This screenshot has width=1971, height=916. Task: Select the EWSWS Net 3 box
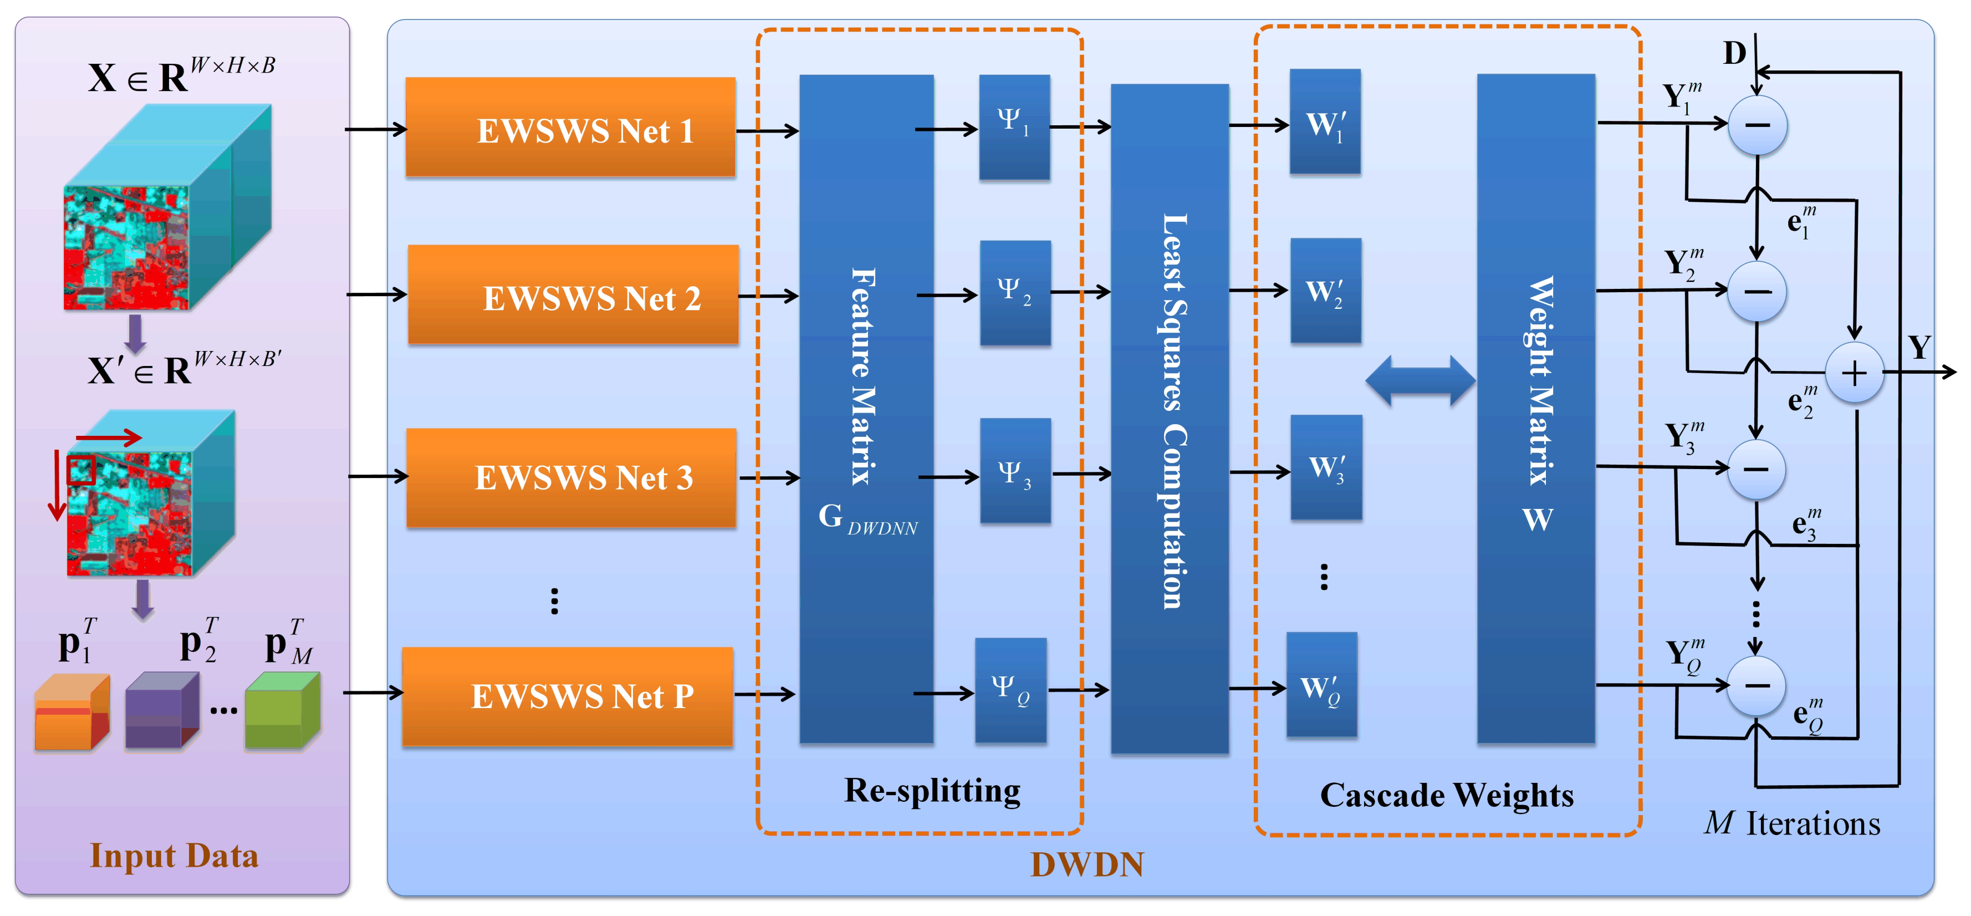tap(571, 477)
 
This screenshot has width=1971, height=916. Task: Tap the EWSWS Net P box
tap(567, 696)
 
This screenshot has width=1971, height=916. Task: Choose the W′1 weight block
tap(1325, 123)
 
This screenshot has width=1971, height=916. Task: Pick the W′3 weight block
tap(1325, 467)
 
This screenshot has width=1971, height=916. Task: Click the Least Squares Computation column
tap(1169, 417)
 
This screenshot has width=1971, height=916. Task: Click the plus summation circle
tap(1854, 373)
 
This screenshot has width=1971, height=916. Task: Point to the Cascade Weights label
tap(1446, 795)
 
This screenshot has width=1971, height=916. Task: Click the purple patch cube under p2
tap(161, 711)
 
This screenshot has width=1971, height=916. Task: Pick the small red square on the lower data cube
tap(80, 470)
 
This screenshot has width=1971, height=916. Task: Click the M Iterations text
tap(1792, 823)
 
